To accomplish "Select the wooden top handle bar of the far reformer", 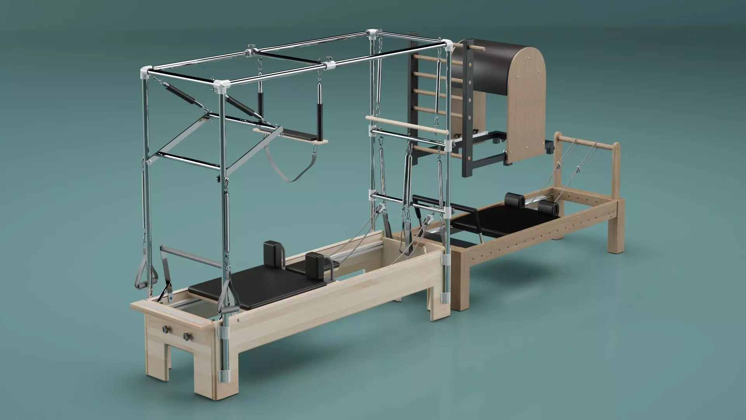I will pos(587,140).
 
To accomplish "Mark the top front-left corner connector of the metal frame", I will pos(145,72).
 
